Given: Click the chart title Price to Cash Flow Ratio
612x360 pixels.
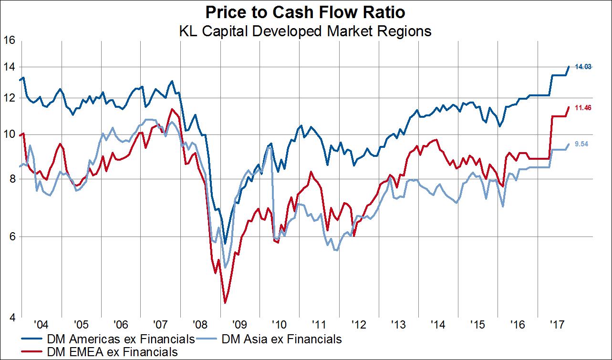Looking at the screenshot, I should tap(305, 11).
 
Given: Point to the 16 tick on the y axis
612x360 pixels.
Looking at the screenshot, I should tap(10, 41).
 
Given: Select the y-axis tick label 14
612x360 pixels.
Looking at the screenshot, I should tap(10, 67).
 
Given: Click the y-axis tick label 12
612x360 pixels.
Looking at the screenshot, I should tap(10, 98).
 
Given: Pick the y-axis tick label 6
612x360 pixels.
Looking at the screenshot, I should tap(12, 237).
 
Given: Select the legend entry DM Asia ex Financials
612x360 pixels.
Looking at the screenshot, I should tap(281, 339).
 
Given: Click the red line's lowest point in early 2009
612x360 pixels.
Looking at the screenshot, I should tap(225, 303).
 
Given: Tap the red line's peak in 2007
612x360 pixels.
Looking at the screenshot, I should tap(171, 109).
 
